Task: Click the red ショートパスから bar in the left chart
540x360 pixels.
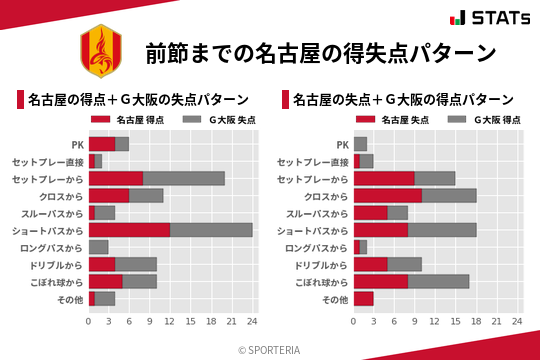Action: click(129, 230)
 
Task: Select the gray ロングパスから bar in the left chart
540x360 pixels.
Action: click(98, 247)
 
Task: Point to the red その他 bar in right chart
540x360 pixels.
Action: click(364, 299)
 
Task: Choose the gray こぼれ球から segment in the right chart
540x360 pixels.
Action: click(439, 282)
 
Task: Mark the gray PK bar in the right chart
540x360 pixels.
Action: click(361, 144)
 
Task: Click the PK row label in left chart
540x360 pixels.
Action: click(77, 144)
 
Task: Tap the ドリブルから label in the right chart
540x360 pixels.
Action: click(321, 265)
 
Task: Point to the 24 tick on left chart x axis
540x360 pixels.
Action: click(252, 322)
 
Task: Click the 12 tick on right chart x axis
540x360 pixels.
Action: click(435, 322)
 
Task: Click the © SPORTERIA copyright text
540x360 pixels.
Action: click(270, 349)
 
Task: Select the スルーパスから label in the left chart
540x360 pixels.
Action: click(56, 213)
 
